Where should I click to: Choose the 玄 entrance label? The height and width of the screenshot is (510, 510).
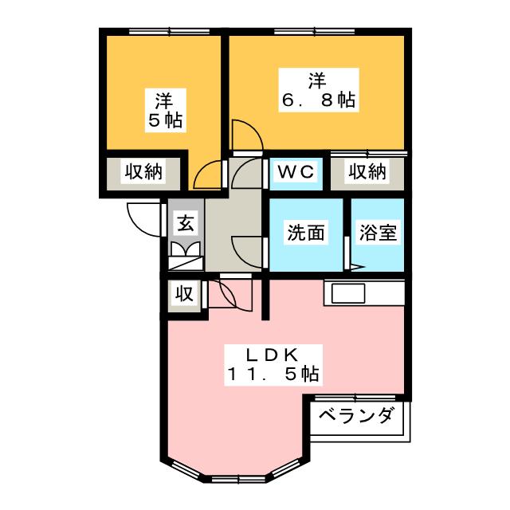185,223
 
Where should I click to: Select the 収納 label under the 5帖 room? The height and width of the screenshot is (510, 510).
143,171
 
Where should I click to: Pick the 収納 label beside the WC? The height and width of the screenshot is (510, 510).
367,171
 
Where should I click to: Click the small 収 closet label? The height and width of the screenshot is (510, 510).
184,293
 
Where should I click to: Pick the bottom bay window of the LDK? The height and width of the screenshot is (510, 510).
233,478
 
